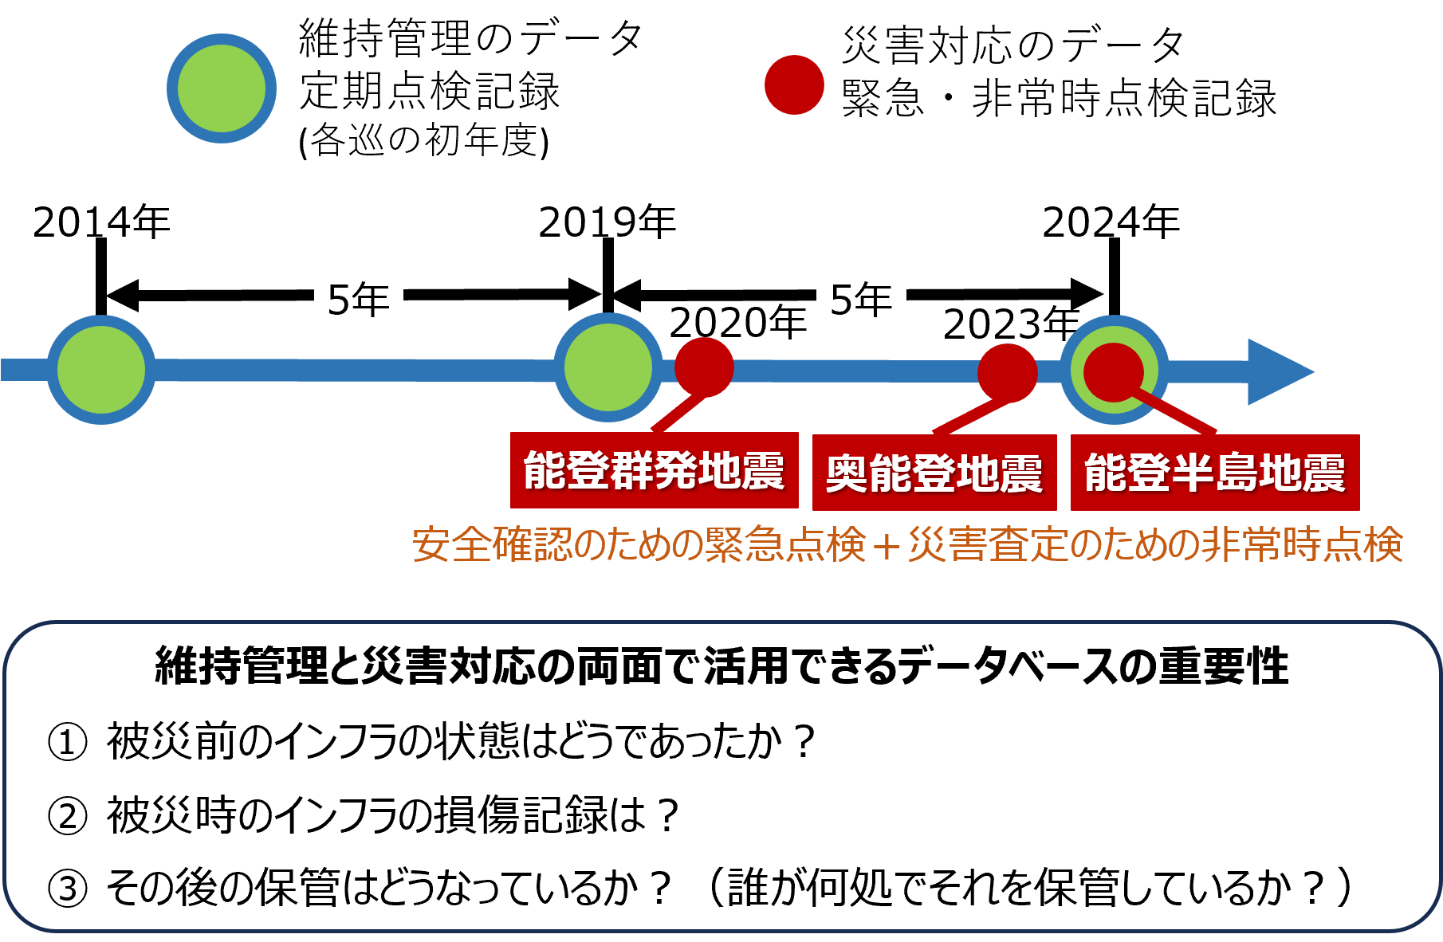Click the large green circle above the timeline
tap(222, 88)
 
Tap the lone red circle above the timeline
tap(794, 84)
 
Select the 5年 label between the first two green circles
tap(359, 295)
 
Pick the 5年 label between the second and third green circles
tap(861, 295)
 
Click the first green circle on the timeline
tap(101, 370)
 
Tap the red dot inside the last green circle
tap(1113, 371)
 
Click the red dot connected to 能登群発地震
tap(705, 367)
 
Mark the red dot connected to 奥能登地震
tap(1008, 372)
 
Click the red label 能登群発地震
tap(654, 470)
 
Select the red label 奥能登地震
tap(934, 473)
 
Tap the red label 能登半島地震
tap(1215, 473)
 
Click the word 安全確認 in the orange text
tap(492, 545)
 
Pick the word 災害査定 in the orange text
tap(988, 545)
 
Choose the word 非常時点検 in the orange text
tap(1303, 545)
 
